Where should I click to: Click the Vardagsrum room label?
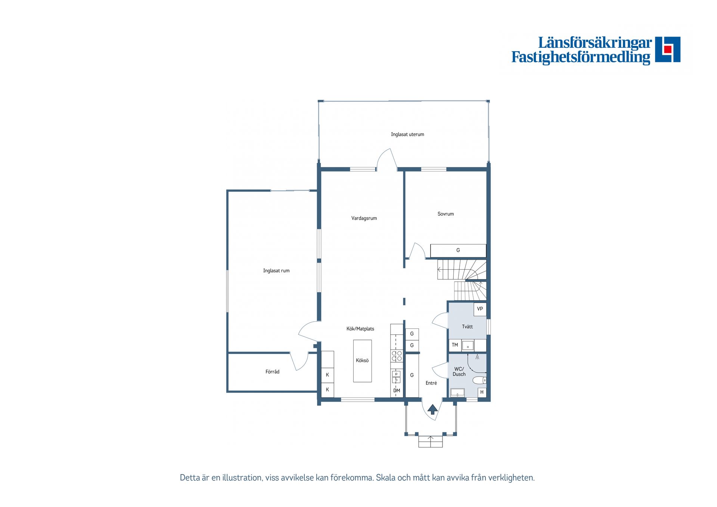[364, 218]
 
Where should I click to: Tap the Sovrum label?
[446, 214]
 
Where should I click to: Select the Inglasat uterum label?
[407, 134]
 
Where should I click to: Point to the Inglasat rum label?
[276, 270]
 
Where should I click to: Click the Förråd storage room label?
[272, 371]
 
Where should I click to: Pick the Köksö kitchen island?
[362, 361]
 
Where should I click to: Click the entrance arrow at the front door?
[432, 409]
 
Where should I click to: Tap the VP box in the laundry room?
[480, 309]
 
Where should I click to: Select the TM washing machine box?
[455, 345]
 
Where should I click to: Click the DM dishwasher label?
[397, 390]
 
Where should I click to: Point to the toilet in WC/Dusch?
[479, 380]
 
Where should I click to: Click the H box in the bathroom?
[482, 392]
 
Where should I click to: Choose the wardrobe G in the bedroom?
[458, 250]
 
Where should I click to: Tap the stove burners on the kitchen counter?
[397, 356]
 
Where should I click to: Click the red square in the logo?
[668, 49]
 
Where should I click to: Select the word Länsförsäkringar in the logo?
[595, 43]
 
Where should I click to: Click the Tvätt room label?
[467, 327]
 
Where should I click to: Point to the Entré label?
[431, 383]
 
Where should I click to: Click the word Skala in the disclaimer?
[385, 477]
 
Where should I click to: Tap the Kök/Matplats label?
[360, 329]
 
